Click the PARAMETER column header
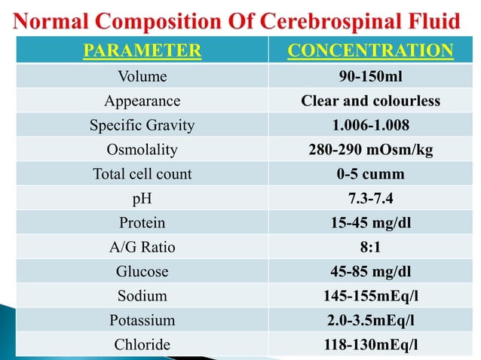142,51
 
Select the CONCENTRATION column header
371,51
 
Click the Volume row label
142,76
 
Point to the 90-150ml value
371,76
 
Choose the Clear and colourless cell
371,101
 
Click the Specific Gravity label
142,125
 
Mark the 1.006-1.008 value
371,125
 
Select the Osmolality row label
142,150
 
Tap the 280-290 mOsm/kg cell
371,150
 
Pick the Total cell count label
142,174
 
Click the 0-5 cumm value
371,174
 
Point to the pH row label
142,199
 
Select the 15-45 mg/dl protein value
371,223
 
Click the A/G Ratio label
142,247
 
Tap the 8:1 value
371,247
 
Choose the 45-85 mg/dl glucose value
371,271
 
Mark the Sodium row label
142,296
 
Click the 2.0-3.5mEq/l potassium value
371,320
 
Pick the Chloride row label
142,344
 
